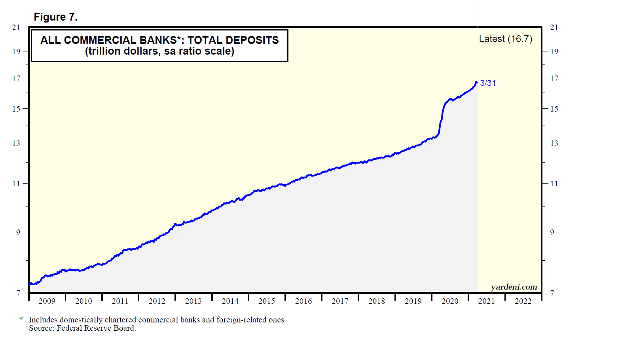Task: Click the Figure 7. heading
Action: (x=55, y=17)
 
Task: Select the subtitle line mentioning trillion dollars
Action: (x=159, y=51)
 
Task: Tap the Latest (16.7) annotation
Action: (x=505, y=39)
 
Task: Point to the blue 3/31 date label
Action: (x=488, y=83)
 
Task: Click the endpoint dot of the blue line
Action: (x=476, y=82)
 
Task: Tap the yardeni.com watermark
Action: (x=514, y=287)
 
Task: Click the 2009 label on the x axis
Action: (x=47, y=301)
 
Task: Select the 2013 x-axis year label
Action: (x=193, y=301)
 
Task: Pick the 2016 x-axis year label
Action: (x=303, y=301)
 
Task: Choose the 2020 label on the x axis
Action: (x=450, y=301)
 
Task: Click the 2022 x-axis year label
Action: (x=523, y=301)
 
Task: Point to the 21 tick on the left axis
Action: (x=16, y=27)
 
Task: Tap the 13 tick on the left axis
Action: (x=16, y=143)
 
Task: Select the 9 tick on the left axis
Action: (x=18, y=232)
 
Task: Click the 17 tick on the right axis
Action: (x=554, y=78)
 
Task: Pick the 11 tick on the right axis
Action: (x=554, y=184)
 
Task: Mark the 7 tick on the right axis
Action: (x=552, y=293)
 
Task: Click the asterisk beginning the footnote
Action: (x=21, y=319)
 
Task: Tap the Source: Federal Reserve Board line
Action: (x=82, y=328)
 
